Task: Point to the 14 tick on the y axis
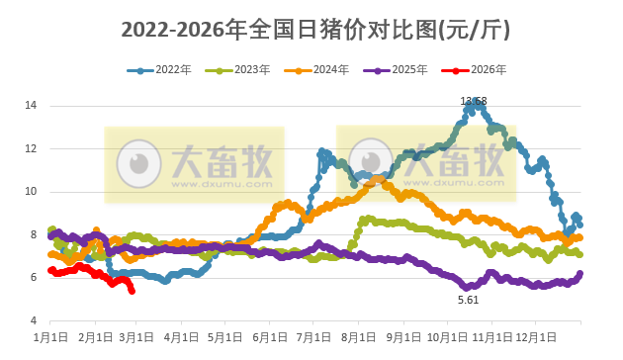point(32,105)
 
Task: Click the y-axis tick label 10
point(32,191)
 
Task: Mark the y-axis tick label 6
point(34,278)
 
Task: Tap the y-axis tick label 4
point(34,321)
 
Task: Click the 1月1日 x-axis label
point(50,337)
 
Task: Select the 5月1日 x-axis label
point(226,337)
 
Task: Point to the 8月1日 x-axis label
point(359,337)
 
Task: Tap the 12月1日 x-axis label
point(535,337)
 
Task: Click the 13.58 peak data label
point(474,101)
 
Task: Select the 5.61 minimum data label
point(468,299)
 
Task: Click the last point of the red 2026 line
point(133,290)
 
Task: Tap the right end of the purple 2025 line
point(579,273)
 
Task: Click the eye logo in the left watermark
point(138,160)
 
